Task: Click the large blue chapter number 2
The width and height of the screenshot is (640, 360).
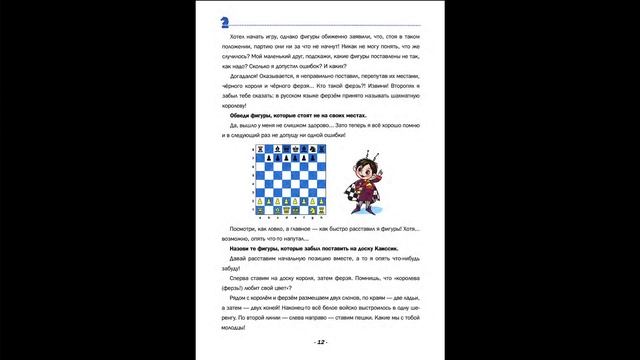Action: [226, 21]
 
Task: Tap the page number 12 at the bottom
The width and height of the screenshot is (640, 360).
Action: [320, 342]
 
